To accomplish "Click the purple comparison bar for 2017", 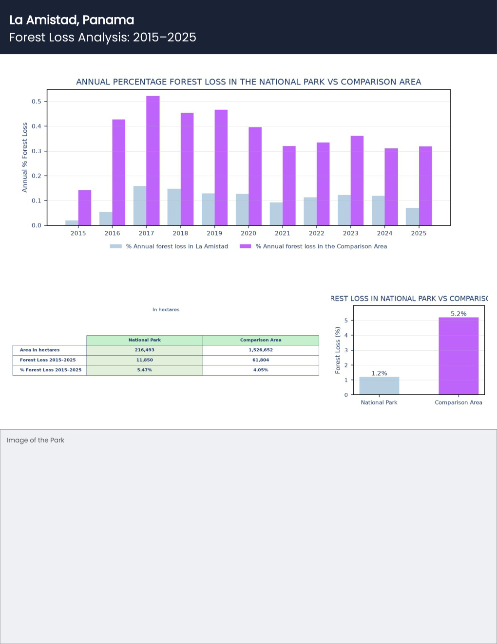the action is tap(153, 161).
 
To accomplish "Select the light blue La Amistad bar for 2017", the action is tap(140, 206).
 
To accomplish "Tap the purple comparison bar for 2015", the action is tap(85, 208).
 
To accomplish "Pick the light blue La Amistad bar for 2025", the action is tap(412, 217).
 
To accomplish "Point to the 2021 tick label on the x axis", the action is tap(283, 233).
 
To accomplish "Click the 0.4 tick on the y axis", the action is tap(37, 126).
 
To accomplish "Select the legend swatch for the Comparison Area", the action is tap(246, 246).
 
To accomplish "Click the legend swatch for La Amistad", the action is tap(116, 246).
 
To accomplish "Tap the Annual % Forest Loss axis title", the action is tap(24, 158).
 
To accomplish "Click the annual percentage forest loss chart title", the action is tap(248, 82).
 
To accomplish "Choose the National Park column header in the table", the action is tap(144, 340).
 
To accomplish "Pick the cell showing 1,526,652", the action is tap(261, 350).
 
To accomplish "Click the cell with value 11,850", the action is tap(144, 360).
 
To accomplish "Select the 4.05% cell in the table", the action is tap(261, 370).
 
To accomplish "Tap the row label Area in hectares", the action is tap(39, 350).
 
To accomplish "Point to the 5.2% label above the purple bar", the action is tap(459, 314).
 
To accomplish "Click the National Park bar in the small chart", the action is tap(379, 385).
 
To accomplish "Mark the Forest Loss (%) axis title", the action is tap(338, 350).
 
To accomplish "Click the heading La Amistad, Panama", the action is tap(72, 20).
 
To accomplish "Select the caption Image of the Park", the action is tap(36, 440).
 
